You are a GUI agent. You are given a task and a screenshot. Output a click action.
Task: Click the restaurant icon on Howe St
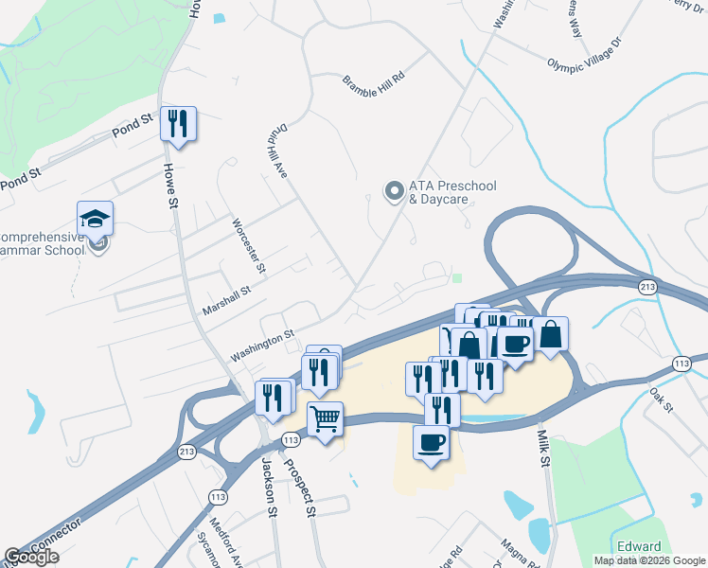point(178,124)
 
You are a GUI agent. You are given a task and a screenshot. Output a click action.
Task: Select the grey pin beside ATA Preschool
point(393,192)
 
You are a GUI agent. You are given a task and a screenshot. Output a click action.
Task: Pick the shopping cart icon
point(325,417)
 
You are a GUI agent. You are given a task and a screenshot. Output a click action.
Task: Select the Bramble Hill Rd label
point(373,77)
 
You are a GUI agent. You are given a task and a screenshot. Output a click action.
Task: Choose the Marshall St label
point(226,301)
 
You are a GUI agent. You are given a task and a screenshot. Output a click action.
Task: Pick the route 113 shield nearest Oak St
point(681,364)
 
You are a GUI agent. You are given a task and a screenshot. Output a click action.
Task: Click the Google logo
point(31,557)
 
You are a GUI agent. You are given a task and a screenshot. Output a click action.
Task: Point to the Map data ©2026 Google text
point(649,560)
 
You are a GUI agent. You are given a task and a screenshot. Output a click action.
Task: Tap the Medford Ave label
point(227,541)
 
